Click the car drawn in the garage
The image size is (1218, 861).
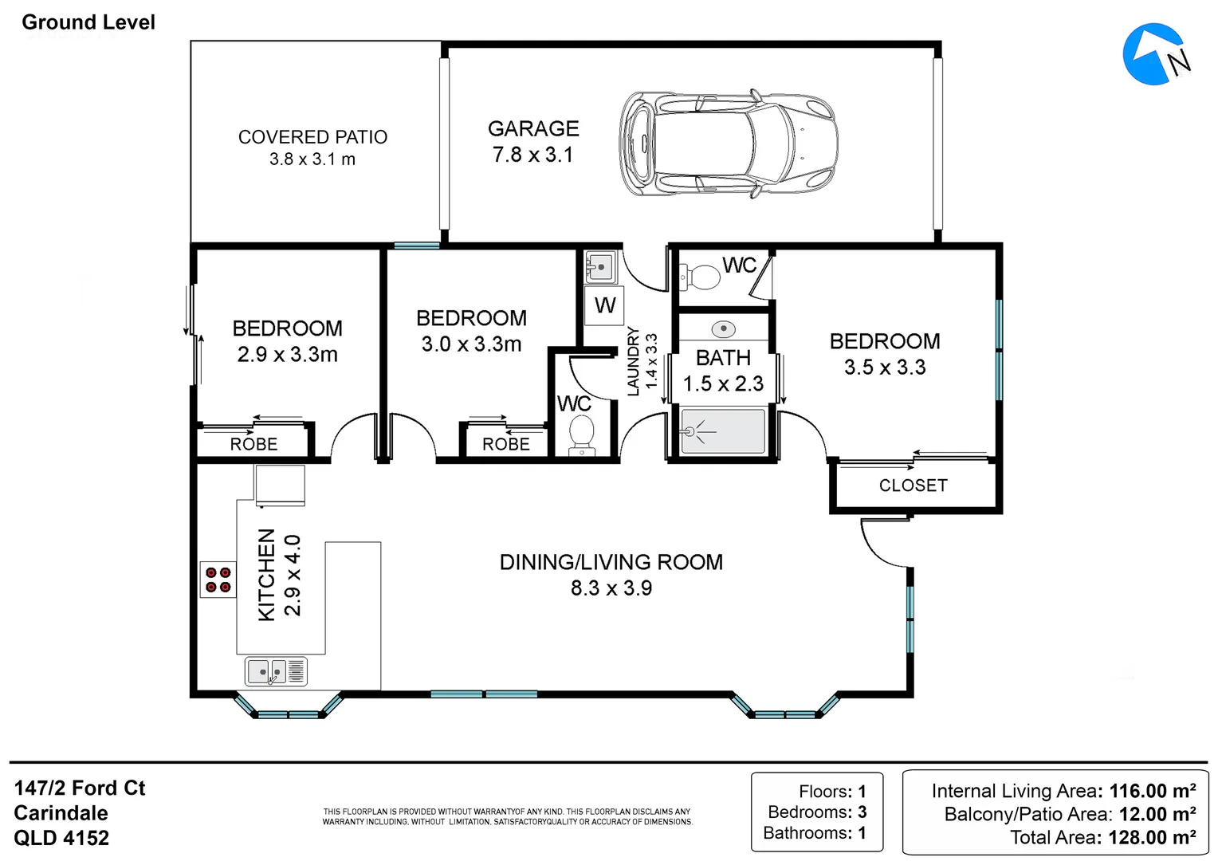coord(729,143)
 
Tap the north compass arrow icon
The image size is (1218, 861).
coord(1155,54)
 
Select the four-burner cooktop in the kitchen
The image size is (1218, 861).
coord(218,580)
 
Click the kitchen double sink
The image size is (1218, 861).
coord(277,672)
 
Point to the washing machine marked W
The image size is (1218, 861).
coord(604,305)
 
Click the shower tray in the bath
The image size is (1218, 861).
coord(723,431)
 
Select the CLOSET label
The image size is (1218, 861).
coord(913,486)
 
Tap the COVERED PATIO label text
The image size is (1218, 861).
coord(312,137)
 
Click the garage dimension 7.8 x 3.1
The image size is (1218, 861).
coord(532,155)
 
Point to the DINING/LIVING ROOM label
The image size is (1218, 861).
coord(611,562)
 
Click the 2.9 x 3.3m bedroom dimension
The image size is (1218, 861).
coord(288,355)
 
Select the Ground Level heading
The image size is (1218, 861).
coord(88,22)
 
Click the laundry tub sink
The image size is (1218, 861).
coord(600,267)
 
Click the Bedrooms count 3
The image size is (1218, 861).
coord(862,812)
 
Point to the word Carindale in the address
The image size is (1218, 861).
coord(61,813)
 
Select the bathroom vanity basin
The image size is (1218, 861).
coord(723,328)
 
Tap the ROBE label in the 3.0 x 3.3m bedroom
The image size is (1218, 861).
coord(505,444)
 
